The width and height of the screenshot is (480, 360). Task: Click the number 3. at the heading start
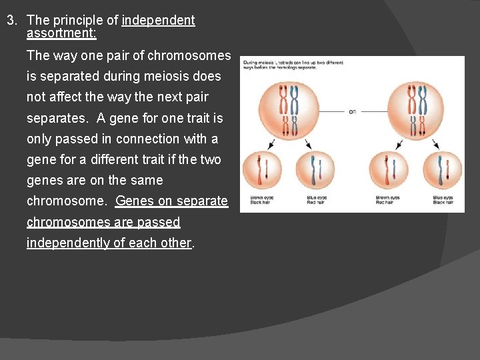click(x=11, y=20)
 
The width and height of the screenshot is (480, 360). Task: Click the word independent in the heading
click(x=158, y=20)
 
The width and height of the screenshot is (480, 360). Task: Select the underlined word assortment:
click(x=61, y=33)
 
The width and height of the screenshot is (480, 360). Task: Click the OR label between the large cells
click(x=352, y=111)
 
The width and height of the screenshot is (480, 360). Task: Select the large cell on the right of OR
click(x=418, y=111)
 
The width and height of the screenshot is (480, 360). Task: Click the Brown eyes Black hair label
click(x=261, y=200)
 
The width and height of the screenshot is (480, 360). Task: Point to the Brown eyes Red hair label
click(x=388, y=200)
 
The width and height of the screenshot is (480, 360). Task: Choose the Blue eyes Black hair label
click(x=443, y=200)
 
